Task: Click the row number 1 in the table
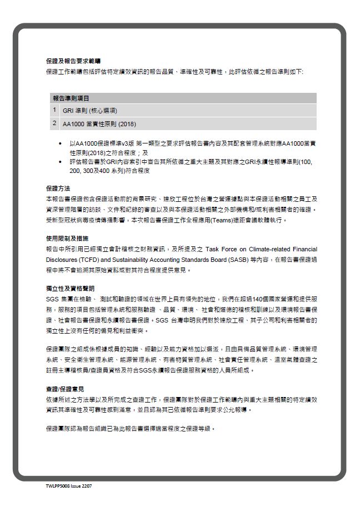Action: (54, 110)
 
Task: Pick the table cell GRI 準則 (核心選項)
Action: (90, 111)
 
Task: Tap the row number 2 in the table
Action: (54, 123)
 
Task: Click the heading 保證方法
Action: (58, 188)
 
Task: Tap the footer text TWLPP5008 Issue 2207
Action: (69, 485)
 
